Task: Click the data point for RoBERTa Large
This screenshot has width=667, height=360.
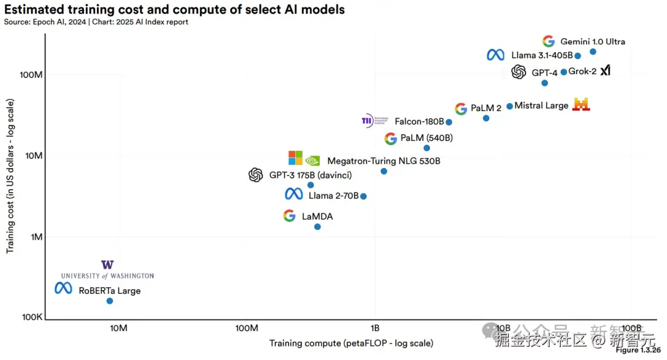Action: [x=110, y=301]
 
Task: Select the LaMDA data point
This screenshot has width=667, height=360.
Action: [x=317, y=227]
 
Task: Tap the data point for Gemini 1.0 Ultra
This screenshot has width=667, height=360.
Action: [x=593, y=52]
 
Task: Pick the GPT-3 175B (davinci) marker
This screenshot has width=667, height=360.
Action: [x=311, y=185]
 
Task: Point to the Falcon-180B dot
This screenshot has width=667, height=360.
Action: [x=449, y=122]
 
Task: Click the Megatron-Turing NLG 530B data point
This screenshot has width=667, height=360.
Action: [x=384, y=171]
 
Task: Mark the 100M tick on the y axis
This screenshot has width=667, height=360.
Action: [x=31, y=75]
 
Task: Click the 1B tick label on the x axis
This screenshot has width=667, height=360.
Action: [x=374, y=328]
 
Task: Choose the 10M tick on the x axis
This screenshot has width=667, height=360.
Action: [x=119, y=328]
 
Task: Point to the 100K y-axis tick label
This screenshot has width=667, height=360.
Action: [x=31, y=317]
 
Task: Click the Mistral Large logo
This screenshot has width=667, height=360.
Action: [x=581, y=105]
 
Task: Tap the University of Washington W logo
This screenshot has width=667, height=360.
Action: [x=107, y=265]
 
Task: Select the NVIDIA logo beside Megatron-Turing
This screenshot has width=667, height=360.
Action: [x=313, y=161]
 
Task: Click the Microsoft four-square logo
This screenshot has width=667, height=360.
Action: [x=296, y=158]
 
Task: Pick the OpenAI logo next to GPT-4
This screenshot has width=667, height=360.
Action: [x=519, y=72]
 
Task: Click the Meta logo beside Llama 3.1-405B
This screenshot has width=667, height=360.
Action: [x=495, y=55]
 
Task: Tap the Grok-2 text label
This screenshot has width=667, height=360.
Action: [x=582, y=72]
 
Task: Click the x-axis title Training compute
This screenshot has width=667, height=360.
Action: [x=351, y=343]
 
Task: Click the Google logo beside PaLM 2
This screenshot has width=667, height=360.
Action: [x=461, y=109]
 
